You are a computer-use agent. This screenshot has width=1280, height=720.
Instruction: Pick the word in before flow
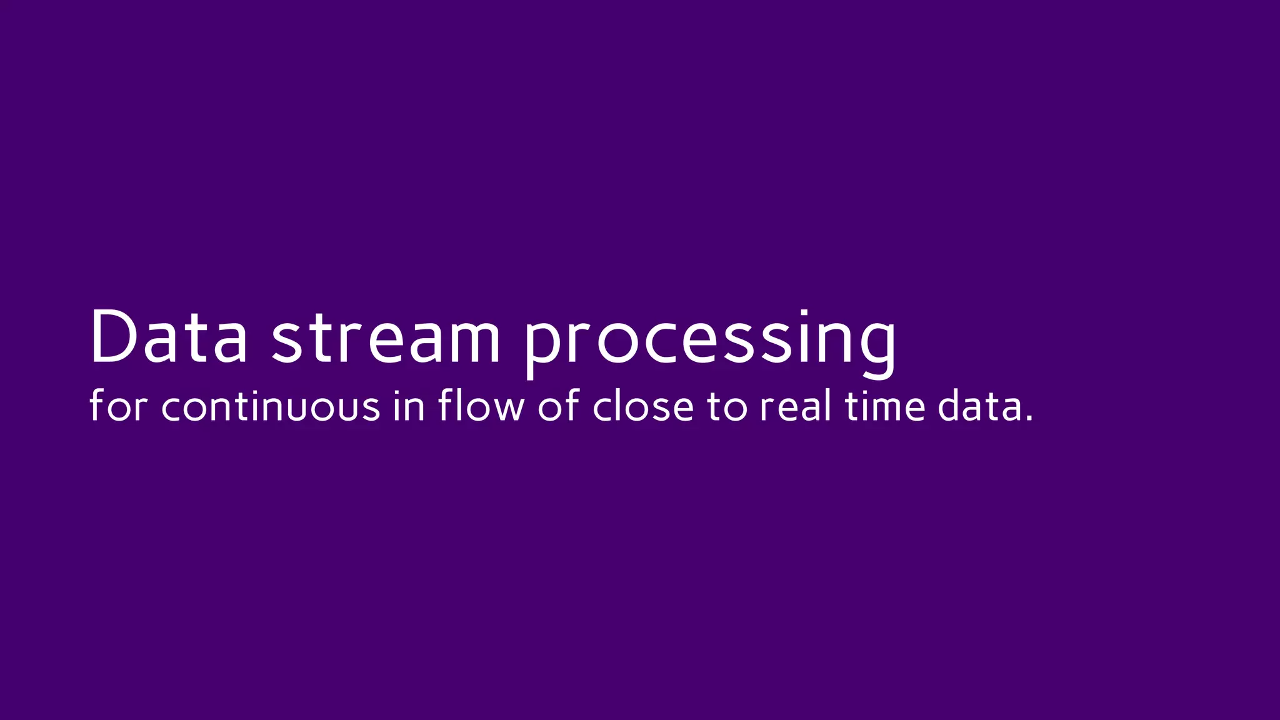pyautogui.click(x=409, y=406)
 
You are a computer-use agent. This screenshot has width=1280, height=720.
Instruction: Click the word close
pyautogui.click(x=643, y=406)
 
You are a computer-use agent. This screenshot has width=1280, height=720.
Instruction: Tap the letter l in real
pyautogui.click(x=828, y=405)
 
